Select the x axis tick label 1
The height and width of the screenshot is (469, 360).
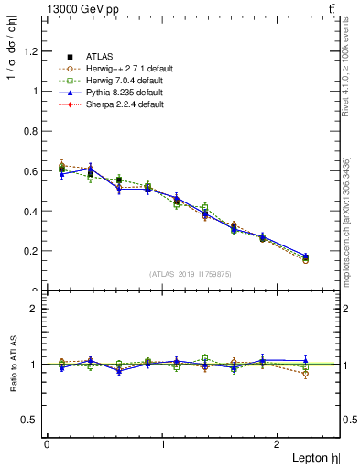click(163, 444)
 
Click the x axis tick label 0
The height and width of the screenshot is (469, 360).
click(46, 444)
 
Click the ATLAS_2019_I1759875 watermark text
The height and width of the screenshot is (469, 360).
click(191, 273)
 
